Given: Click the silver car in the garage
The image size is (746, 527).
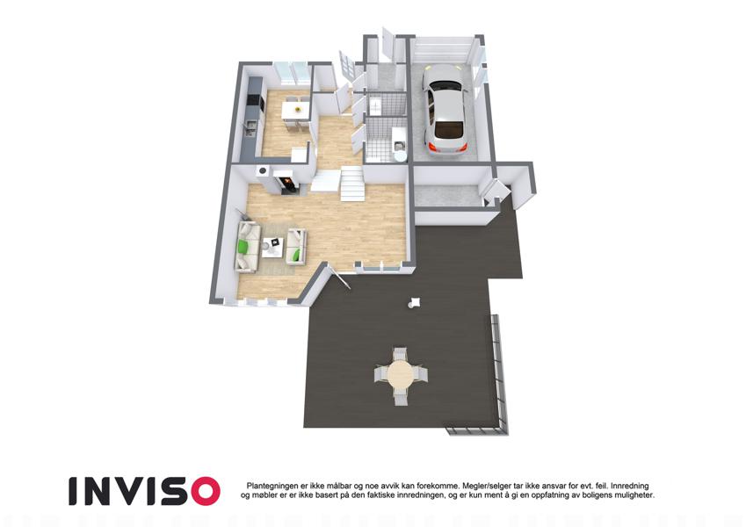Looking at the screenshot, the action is coord(445,110).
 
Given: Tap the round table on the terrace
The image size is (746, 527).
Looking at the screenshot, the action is coord(401,375).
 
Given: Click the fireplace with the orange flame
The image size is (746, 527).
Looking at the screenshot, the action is coord(287,182).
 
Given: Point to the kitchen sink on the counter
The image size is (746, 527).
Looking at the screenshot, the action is coord(250,127).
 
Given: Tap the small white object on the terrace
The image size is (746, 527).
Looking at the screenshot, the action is coord(414,302).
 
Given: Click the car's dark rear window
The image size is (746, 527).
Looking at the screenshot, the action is coord(449,128).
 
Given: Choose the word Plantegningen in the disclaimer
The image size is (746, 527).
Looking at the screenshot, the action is coord(272,486).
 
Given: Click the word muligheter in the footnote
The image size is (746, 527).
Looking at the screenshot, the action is coord(634,495).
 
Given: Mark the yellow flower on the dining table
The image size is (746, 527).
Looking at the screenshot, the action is coord(298,110).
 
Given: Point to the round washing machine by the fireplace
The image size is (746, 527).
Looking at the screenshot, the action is coord(262,171).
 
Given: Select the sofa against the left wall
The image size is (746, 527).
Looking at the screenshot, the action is coord(248,247).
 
